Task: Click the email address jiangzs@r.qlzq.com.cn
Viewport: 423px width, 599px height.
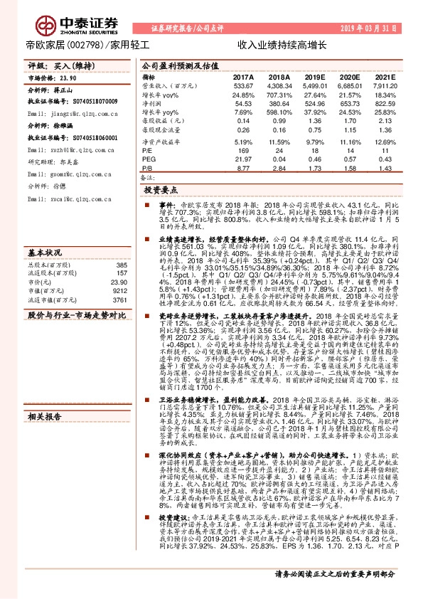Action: pyautogui.click(x=73, y=112)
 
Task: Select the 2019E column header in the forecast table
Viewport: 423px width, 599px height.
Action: pyautogui.click(x=315, y=76)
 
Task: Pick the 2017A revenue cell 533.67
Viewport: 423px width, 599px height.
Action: pyautogui.click(x=243, y=85)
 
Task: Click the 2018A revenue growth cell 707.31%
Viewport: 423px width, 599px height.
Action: pyautogui.click(x=279, y=95)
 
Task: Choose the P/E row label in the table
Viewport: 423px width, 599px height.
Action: pyautogui.click(x=149, y=151)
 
